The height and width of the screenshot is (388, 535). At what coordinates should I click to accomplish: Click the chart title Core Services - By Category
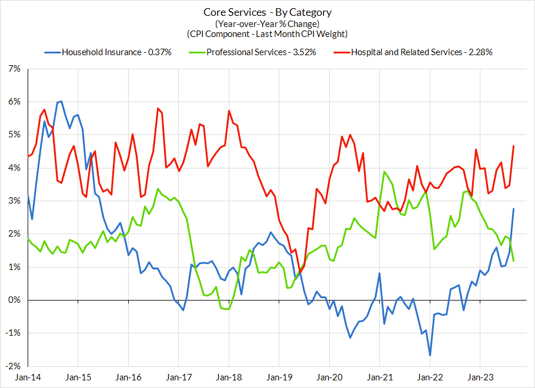pyautogui.click(x=267, y=12)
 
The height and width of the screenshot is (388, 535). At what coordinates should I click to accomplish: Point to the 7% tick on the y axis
pyautogui.click(x=13, y=69)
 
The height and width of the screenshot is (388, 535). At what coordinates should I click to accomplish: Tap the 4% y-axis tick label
pyautogui.click(x=13, y=168)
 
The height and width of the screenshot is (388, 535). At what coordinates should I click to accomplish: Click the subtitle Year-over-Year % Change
pyautogui.click(x=267, y=23)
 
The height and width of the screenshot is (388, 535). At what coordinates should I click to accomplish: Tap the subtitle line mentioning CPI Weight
pyautogui.click(x=267, y=34)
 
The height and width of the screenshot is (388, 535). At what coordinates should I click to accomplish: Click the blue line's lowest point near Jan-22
pyautogui.click(x=430, y=355)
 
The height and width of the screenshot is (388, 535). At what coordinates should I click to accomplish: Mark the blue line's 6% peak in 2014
pyautogui.click(x=61, y=102)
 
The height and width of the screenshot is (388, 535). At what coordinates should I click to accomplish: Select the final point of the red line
pyautogui.click(x=514, y=146)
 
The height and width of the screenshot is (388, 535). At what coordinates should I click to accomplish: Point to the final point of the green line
pyautogui.click(x=514, y=261)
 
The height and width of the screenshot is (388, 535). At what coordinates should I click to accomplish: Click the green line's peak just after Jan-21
pyautogui.click(x=384, y=172)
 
